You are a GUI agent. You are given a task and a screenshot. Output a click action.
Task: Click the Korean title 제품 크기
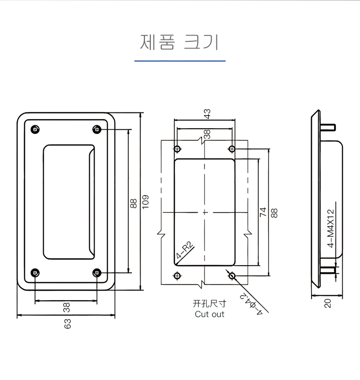(x=180, y=42)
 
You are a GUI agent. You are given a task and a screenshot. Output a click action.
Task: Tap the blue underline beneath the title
(x=180, y=61)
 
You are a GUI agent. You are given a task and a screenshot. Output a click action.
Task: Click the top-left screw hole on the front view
(x=35, y=130)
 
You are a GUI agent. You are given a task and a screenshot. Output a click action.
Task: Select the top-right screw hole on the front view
(x=97, y=130)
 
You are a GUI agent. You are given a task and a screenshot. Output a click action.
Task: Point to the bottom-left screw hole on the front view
(x=35, y=273)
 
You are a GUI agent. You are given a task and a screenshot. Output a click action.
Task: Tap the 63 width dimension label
(x=68, y=324)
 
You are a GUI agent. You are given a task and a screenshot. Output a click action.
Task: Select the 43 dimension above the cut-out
(x=207, y=114)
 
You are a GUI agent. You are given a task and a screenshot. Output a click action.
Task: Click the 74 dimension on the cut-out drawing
(x=263, y=212)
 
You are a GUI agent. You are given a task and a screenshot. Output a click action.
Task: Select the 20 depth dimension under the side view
(x=328, y=304)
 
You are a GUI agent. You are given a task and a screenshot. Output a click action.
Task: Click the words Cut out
(x=209, y=314)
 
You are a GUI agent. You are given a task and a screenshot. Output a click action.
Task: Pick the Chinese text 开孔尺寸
(x=209, y=304)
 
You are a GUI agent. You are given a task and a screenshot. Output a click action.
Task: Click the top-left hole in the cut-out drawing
(x=178, y=148)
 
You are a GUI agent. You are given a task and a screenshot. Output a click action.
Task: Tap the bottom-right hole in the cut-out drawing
(x=233, y=275)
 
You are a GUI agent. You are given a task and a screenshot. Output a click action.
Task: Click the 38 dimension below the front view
(x=66, y=306)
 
